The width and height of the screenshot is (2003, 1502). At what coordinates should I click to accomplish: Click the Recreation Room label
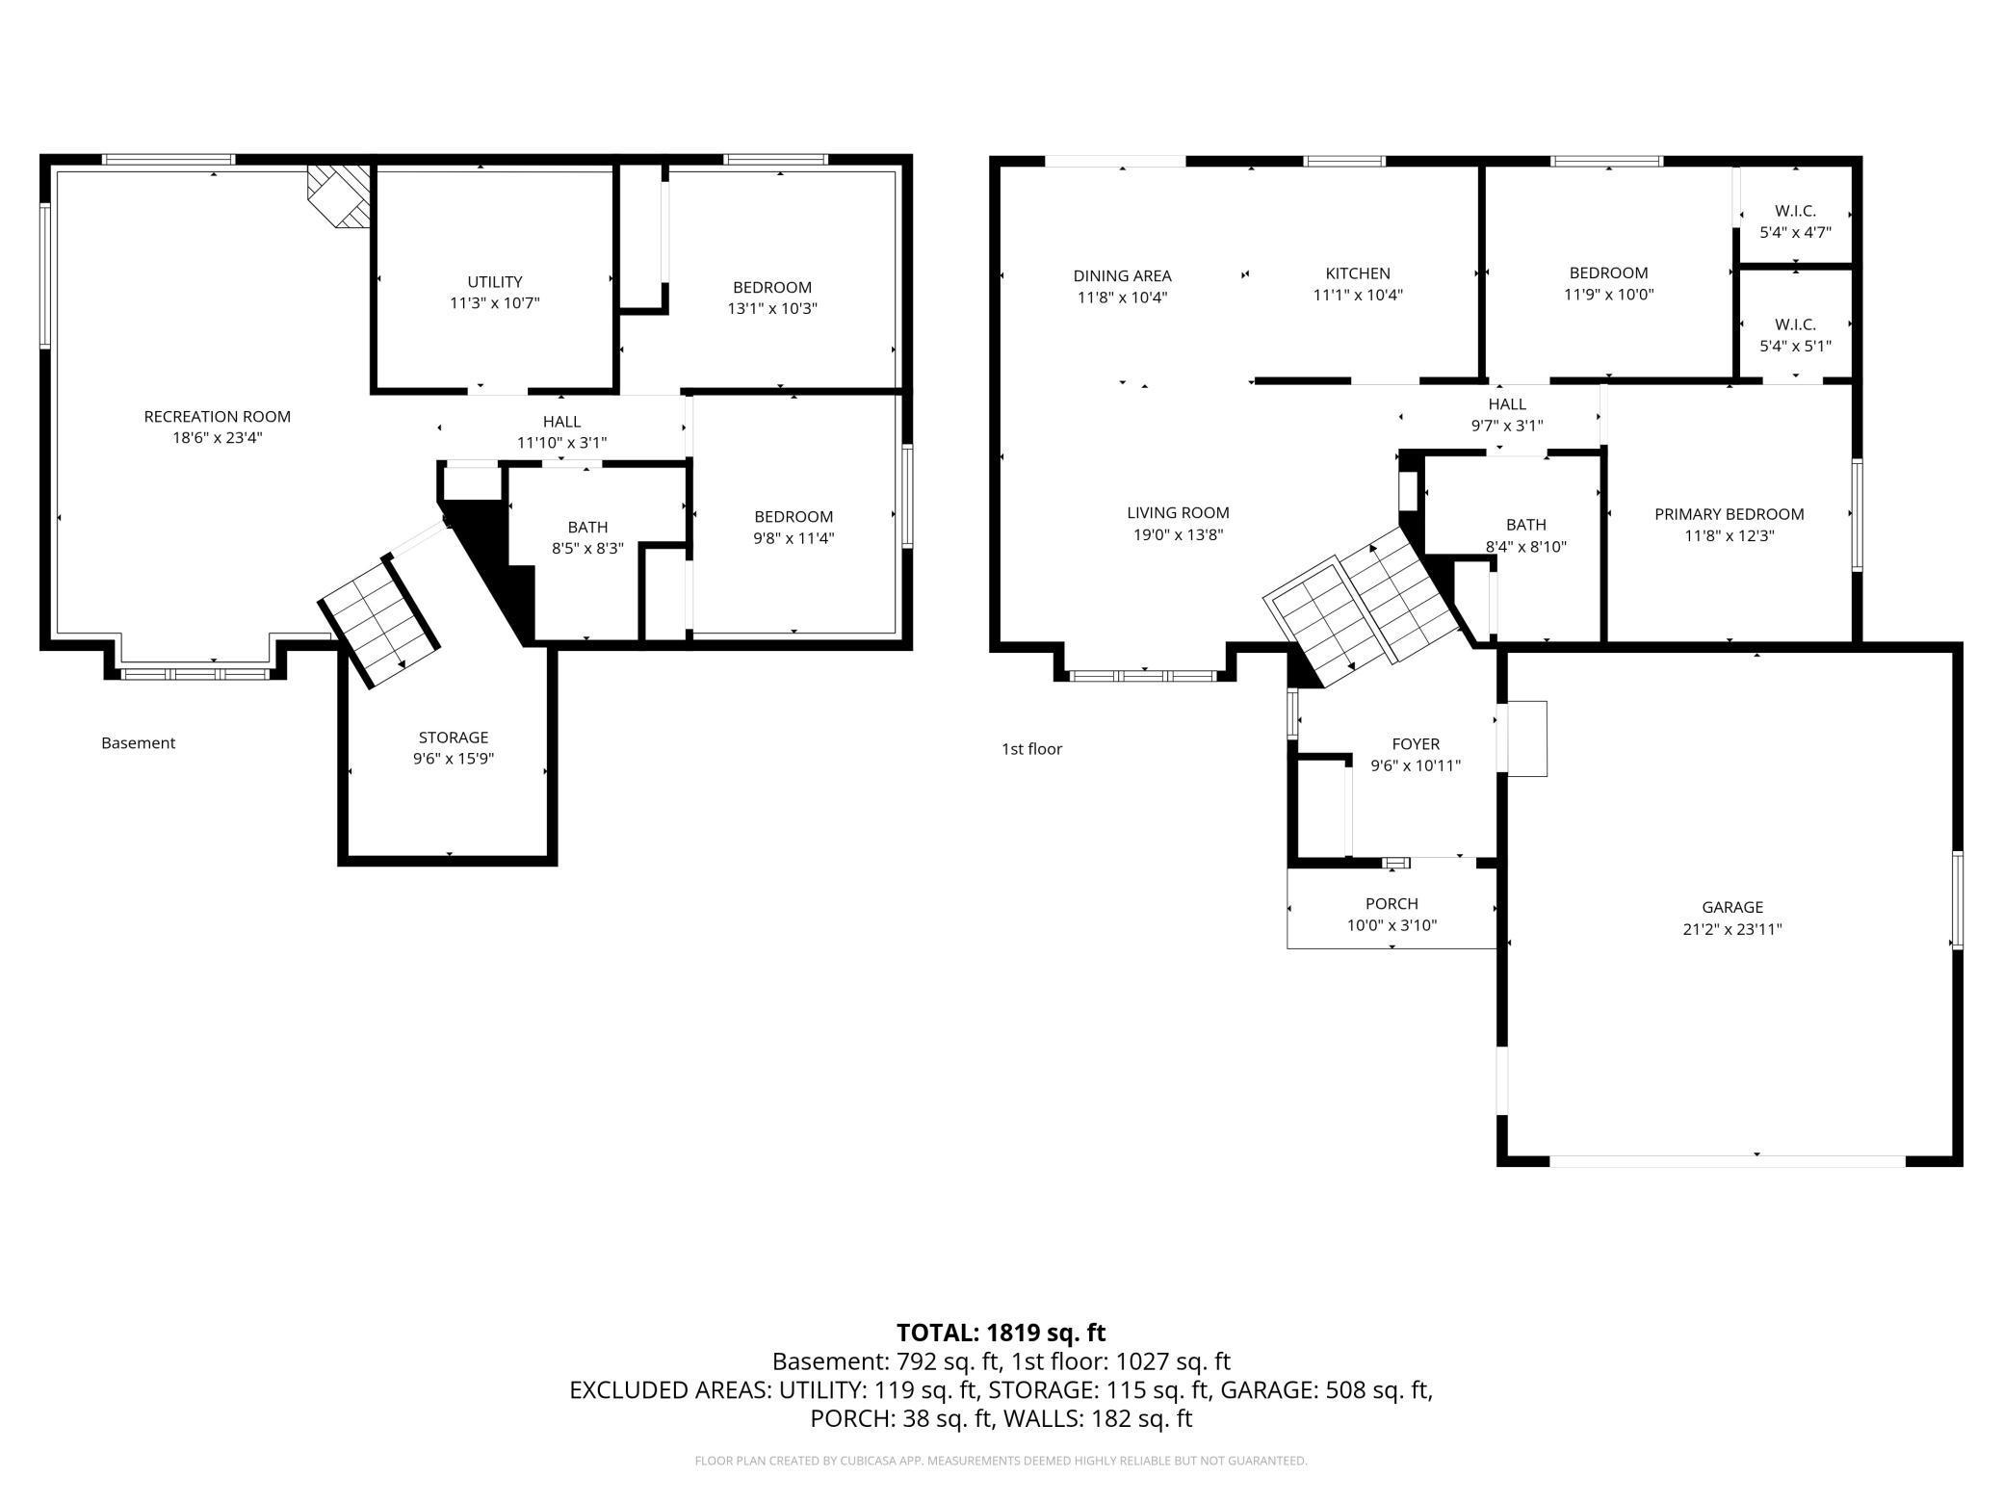tap(217, 417)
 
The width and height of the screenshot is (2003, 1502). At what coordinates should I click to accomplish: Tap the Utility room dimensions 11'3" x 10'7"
tap(495, 303)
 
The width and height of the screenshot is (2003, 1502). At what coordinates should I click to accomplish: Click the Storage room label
tap(454, 738)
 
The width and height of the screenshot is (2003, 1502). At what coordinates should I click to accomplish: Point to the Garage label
tap(1732, 907)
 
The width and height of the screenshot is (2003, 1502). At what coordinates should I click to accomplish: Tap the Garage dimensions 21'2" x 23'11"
tap(1732, 929)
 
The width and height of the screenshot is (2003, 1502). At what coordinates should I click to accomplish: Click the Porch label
tap(1392, 904)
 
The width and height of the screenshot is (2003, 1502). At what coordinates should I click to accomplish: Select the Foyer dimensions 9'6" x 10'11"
tap(1416, 766)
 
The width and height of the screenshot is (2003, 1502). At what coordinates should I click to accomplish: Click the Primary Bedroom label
tap(1730, 514)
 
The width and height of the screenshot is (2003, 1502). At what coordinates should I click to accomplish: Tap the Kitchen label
tap(1358, 273)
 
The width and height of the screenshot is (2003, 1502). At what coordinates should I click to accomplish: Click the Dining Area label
tap(1123, 276)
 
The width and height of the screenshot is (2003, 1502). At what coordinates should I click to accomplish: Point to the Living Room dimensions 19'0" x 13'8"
tap(1179, 535)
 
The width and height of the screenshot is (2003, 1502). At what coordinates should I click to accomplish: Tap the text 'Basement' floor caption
tap(139, 743)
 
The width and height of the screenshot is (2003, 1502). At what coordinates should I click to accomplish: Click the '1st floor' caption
tap(1032, 749)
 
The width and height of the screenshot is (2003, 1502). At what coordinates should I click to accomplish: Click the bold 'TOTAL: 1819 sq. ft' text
tap(1001, 1334)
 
